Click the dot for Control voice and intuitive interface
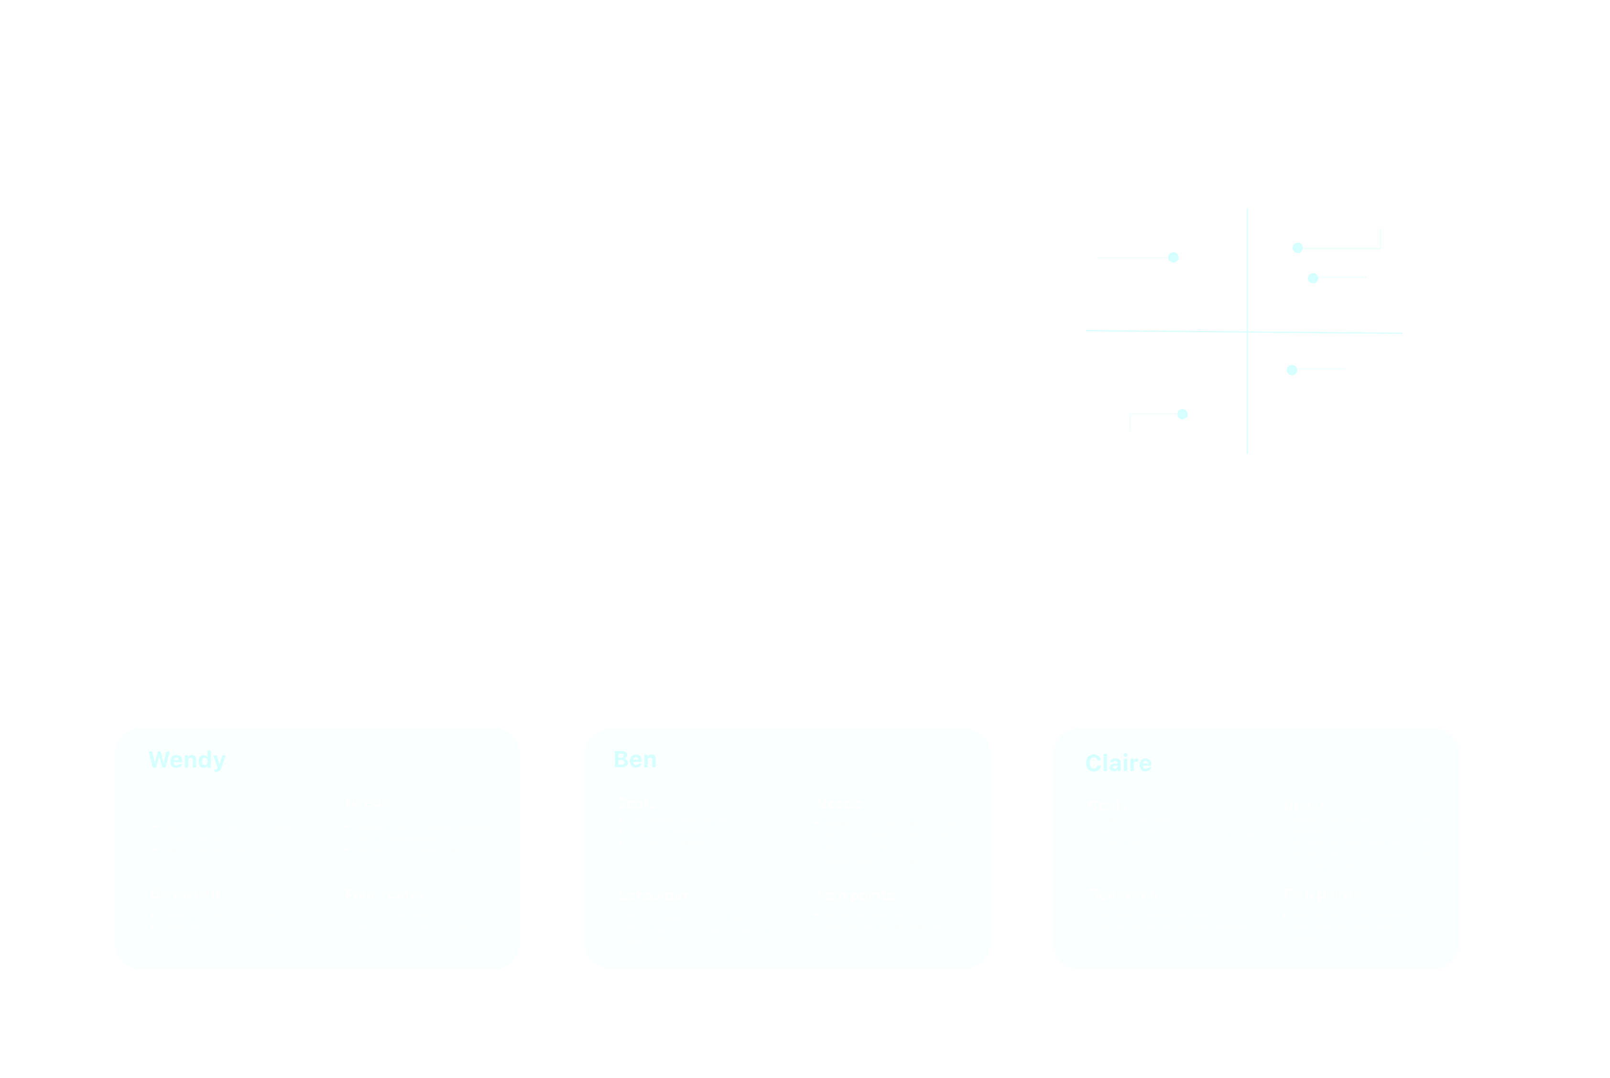coord(1173,258)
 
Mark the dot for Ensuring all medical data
coord(1292,370)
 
